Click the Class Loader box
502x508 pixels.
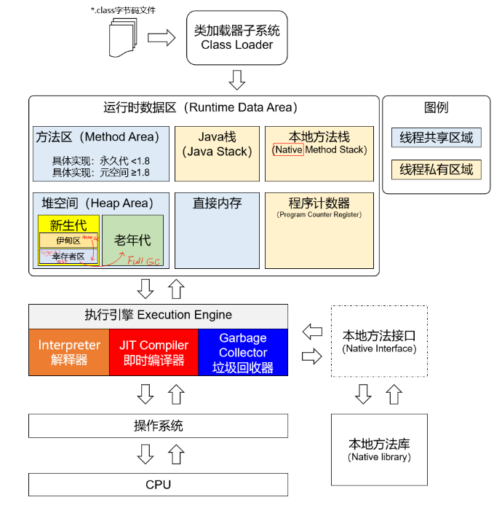[236, 38]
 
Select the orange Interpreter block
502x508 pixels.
[69, 352]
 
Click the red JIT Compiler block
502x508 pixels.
[154, 352]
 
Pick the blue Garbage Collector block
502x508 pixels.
[243, 352]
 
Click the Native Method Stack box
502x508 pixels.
[319, 153]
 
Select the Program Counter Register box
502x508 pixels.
[319, 229]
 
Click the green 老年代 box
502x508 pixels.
[132, 239]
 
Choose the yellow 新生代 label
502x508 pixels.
[68, 224]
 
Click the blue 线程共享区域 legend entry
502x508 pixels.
[436, 137]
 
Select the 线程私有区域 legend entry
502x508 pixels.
[436, 170]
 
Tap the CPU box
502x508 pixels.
[158, 484]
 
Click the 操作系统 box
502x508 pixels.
[158, 426]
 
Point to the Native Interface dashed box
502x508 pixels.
[379, 341]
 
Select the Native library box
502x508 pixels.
[379, 449]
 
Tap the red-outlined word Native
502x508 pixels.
[288, 149]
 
